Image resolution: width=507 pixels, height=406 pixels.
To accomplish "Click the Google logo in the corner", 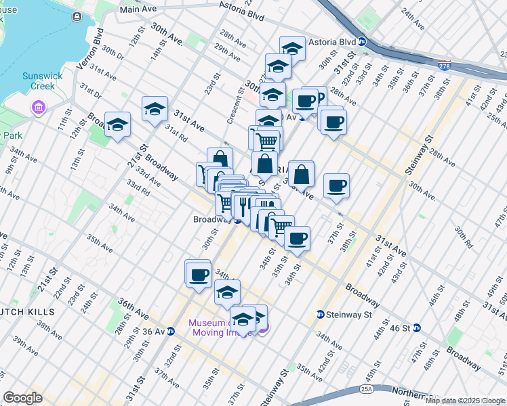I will tap(23, 398).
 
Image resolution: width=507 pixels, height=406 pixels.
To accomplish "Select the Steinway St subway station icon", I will tap(320, 314).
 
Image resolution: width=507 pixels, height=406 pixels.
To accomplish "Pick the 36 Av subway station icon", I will tap(171, 332).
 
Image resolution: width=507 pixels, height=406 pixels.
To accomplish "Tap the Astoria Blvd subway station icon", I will tap(362, 41).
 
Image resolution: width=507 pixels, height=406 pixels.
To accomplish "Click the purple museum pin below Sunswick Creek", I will tap(37, 107).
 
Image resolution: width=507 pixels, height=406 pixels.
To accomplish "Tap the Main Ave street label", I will tap(138, 9).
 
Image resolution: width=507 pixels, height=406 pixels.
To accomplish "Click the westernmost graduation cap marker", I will tap(117, 125).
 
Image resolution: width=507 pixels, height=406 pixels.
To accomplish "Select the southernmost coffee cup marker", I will tap(199, 275).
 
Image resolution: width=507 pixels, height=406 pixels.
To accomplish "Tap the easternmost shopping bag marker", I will tap(300, 173).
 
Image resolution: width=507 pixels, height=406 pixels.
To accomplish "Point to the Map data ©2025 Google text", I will tap(465, 401).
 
